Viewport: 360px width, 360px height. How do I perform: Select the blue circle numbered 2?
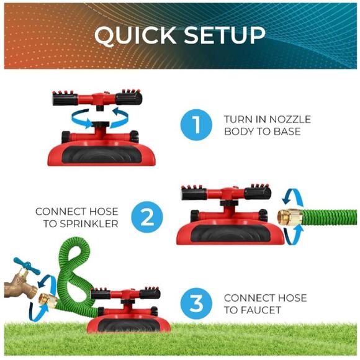(x=147, y=217)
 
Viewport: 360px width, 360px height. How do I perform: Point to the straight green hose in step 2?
(x=329, y=217)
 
